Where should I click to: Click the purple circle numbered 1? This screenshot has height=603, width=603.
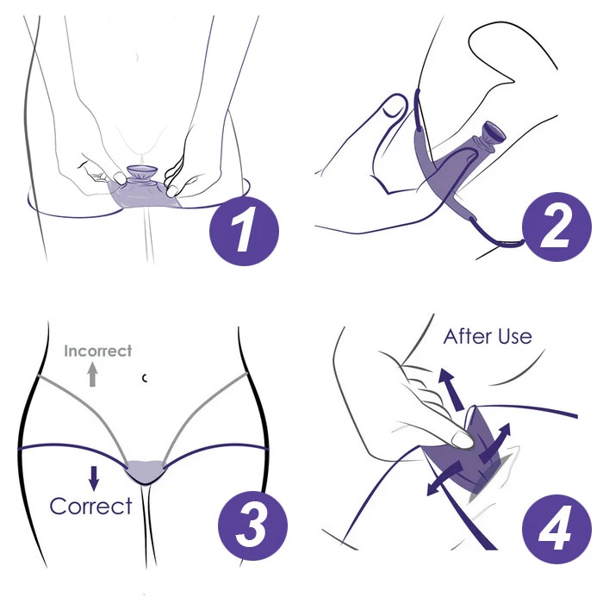(244, 231)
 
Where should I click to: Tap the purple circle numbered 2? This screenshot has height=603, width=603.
(556, 227)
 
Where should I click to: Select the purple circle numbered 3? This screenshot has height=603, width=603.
(252, 525)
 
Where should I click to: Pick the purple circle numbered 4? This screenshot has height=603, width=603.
(556, 529)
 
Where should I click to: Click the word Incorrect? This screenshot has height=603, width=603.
(97, 351)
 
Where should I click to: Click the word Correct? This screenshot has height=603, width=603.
(90, 507)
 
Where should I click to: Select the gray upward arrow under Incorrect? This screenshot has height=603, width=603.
(92, 375)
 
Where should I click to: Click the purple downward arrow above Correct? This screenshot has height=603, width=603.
(94, 478)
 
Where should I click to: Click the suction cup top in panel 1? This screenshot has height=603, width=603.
(142, 171)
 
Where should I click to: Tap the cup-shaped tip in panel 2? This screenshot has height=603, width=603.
(494, 132)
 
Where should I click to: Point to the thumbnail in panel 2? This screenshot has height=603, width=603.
(395, 105)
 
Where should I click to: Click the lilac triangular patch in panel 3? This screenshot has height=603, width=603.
(144, 470)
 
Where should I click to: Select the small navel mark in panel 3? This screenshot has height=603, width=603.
(145, 378)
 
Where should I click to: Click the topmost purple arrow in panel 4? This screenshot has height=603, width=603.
(451, 389)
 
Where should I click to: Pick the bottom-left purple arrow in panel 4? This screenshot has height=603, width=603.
(444, 479)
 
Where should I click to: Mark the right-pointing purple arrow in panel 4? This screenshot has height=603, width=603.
(495, 442)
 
